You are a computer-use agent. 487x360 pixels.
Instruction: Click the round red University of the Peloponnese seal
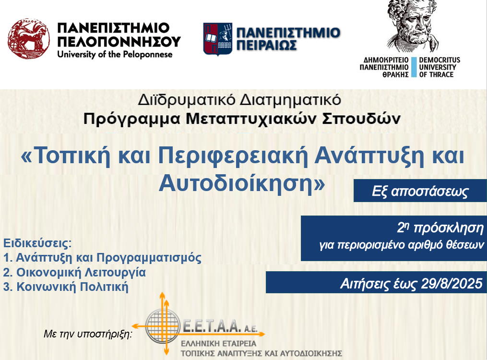pos(29,38)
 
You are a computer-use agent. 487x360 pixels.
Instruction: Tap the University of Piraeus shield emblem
pos(218,39)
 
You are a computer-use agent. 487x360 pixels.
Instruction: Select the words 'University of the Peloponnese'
pos(115,54)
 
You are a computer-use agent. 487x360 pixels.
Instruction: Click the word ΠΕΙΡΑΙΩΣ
pos(266,45)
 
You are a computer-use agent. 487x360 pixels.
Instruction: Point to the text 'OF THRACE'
pos(436,74)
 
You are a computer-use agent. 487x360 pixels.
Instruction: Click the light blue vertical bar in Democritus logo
pos(414,67)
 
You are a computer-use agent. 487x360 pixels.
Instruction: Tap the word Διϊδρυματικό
pos(186,100)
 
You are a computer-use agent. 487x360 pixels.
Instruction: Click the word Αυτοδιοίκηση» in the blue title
pos(242,183)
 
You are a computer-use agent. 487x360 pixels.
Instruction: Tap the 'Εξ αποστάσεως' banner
pos(420,191)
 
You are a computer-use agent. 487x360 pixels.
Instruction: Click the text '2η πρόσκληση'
pos(440,228)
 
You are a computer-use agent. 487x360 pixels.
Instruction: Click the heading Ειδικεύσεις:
pos(37,243)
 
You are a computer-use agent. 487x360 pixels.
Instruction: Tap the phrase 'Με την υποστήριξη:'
pos(88,334)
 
